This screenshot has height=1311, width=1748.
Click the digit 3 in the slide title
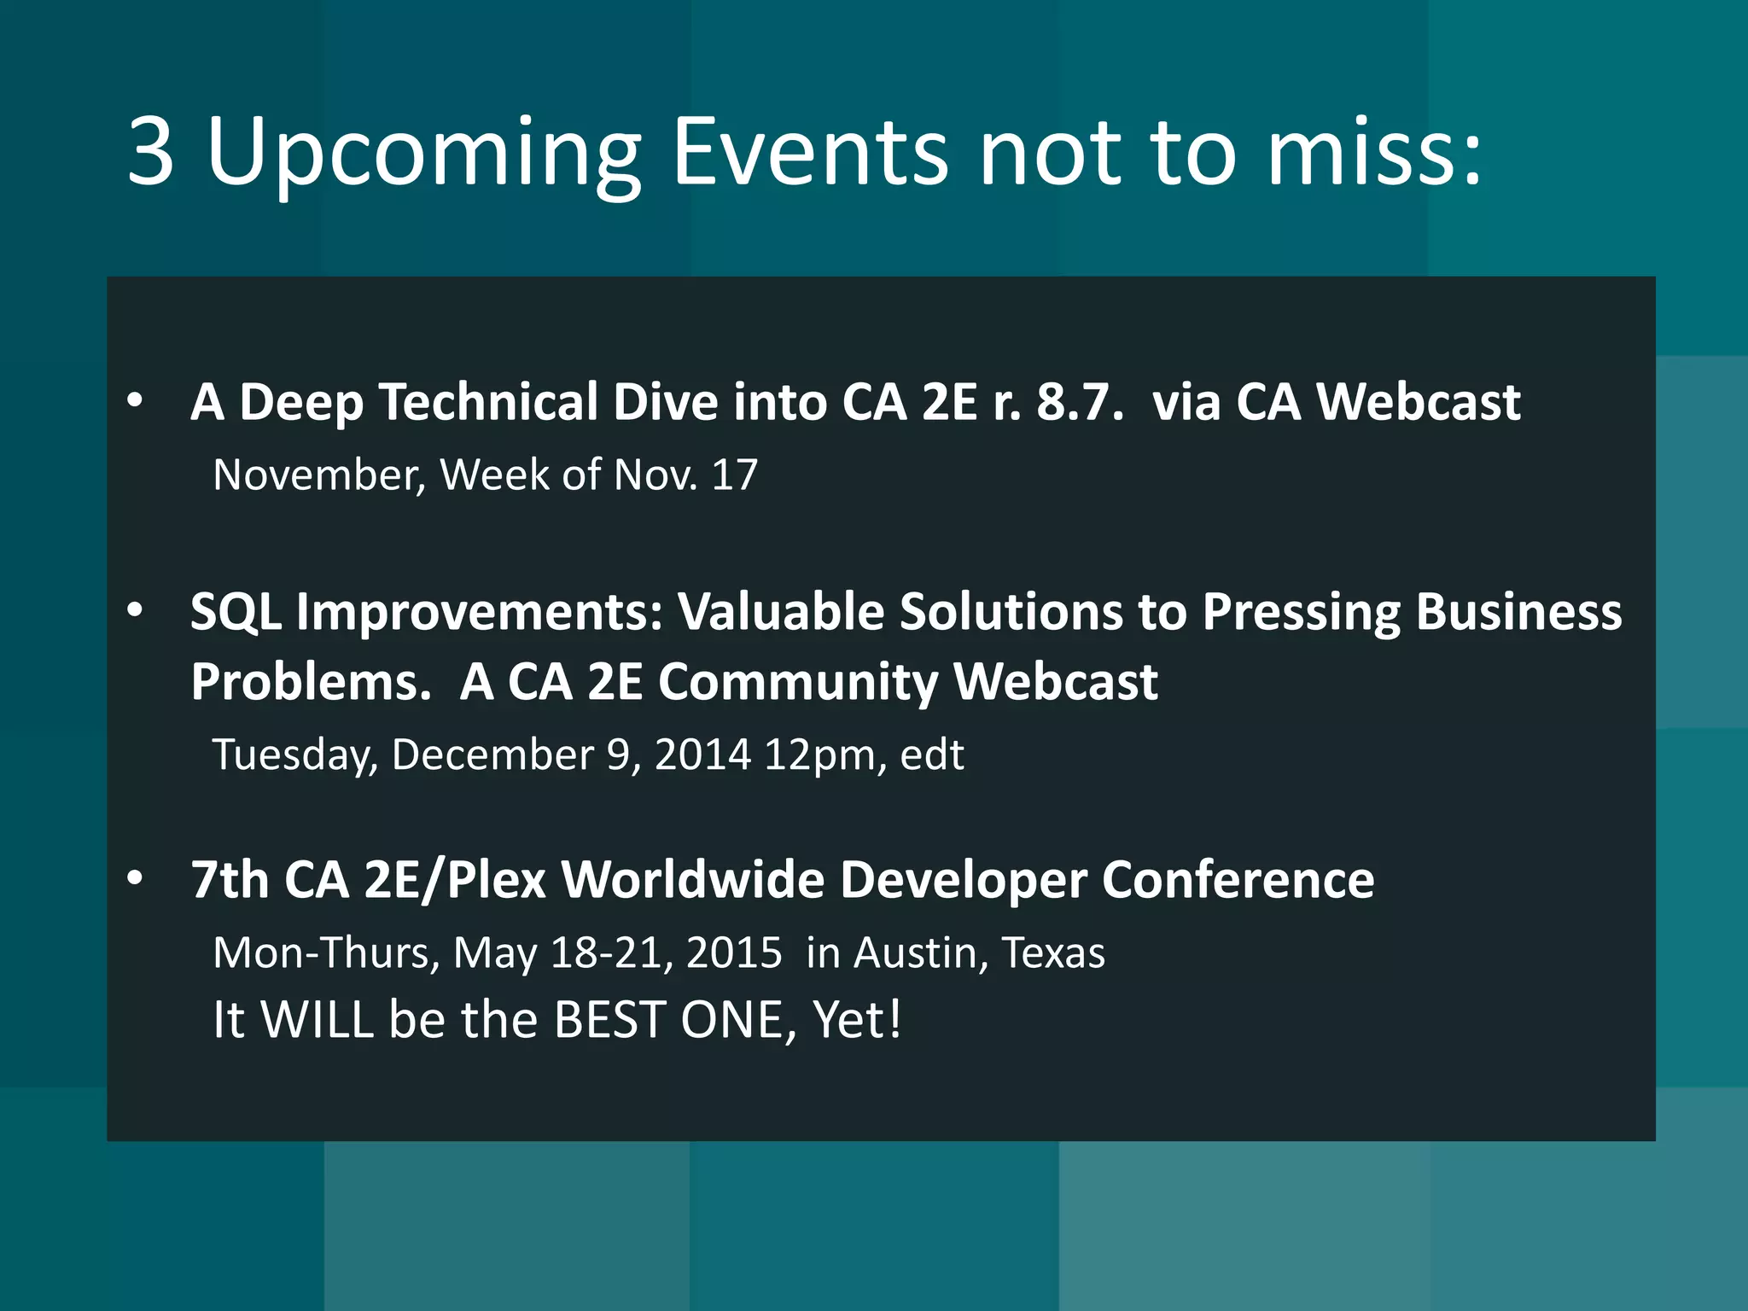point(152,151)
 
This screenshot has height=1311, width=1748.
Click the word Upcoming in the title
point(424,154)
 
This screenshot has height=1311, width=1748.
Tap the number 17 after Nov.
point(734,475)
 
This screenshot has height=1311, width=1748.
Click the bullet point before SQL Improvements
point(135,610)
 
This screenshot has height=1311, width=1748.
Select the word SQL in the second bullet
point(236,613)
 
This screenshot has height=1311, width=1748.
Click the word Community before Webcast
point(798,683)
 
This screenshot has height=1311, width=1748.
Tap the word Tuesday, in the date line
point(294,755)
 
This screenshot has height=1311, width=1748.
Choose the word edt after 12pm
point(932,755)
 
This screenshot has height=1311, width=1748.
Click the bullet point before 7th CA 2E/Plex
point(135,878)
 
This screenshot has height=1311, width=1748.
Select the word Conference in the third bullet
point(1238,879)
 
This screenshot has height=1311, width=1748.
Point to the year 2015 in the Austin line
point(734,953)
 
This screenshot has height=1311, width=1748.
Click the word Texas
point(1053,953)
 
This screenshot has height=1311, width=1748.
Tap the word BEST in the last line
point(609,1019)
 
